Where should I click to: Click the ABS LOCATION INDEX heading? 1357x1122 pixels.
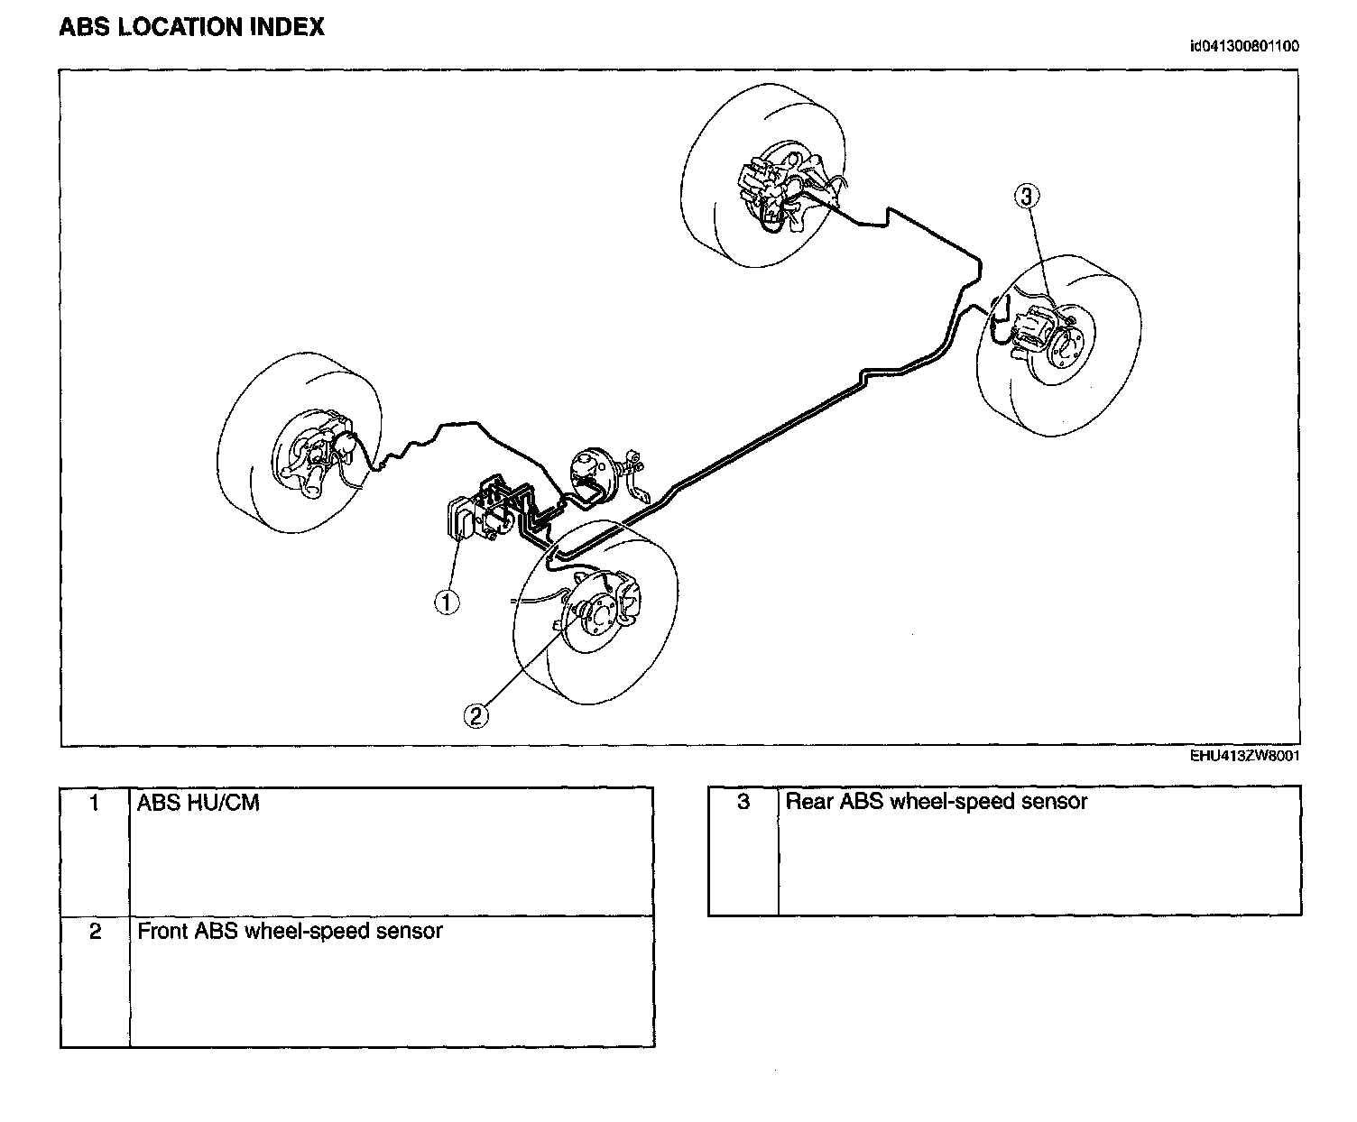[191, 28]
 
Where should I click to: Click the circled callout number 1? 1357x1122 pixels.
[447, 602]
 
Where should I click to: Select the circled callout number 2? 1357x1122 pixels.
[476, 715]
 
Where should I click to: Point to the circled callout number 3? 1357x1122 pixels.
[1027, 195]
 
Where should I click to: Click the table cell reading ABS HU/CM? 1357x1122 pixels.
[198, 803]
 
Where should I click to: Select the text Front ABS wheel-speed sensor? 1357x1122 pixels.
[290, 931]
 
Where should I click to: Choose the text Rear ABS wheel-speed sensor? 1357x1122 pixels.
[937, 802]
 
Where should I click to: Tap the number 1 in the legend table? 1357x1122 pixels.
[96, 803]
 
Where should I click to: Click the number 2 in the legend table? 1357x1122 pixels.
[96, 931]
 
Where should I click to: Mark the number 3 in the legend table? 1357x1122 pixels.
[743, 802]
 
